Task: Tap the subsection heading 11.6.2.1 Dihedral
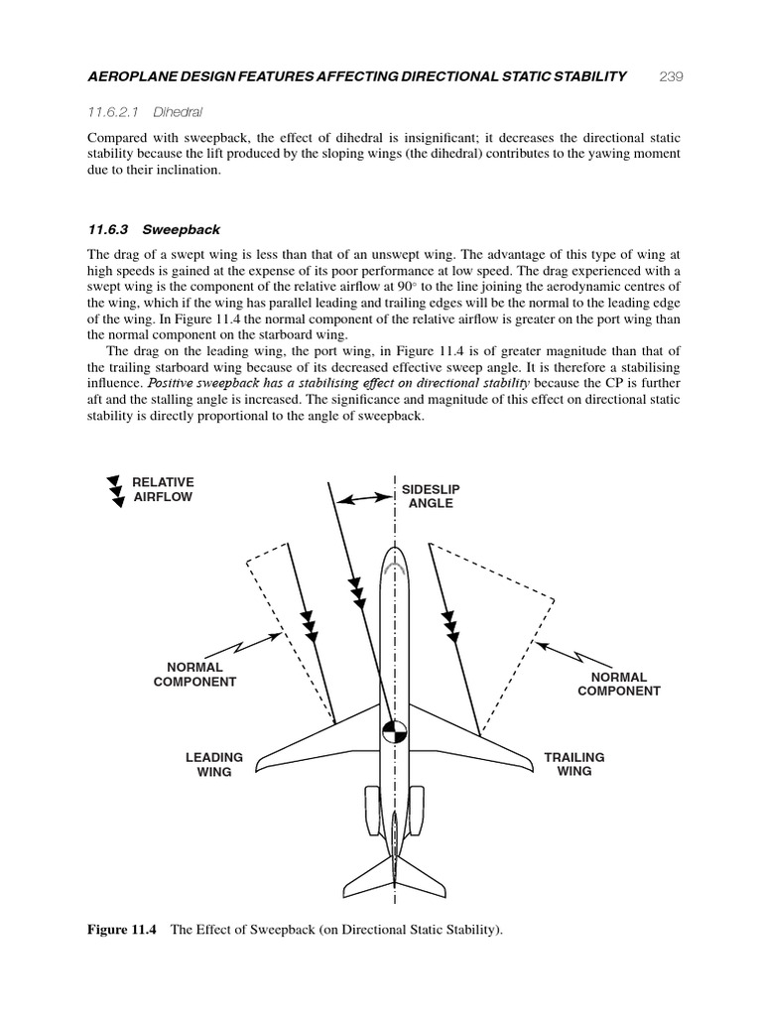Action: pos(153,113)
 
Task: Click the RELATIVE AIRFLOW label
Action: pos(163,489)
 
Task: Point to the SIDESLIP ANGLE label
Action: pos(431,497)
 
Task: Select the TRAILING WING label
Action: pos(573,764)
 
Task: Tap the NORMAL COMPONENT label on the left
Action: pos(194,675)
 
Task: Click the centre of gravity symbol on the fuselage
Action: pos(395,732)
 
